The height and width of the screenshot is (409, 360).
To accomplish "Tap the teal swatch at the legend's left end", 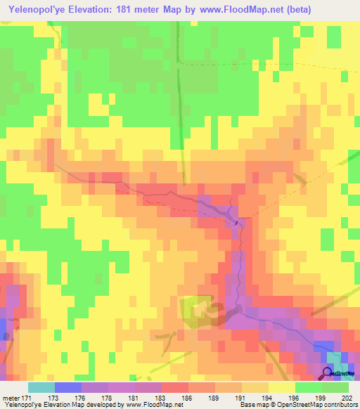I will click(41, 387).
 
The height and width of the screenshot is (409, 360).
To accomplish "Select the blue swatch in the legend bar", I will click(67, 387).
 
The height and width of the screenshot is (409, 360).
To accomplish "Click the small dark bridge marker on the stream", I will click(236, 224).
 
